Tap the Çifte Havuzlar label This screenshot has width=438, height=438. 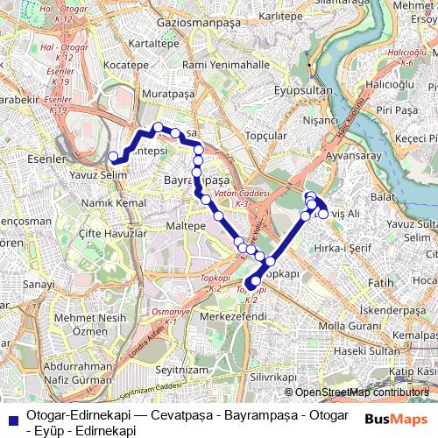click(x=111, y=235)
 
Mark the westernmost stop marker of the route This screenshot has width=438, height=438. click(x=112, y=158)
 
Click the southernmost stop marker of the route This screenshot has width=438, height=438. click(x=250, y=283)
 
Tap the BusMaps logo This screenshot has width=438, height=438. click(x=392, y=419)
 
